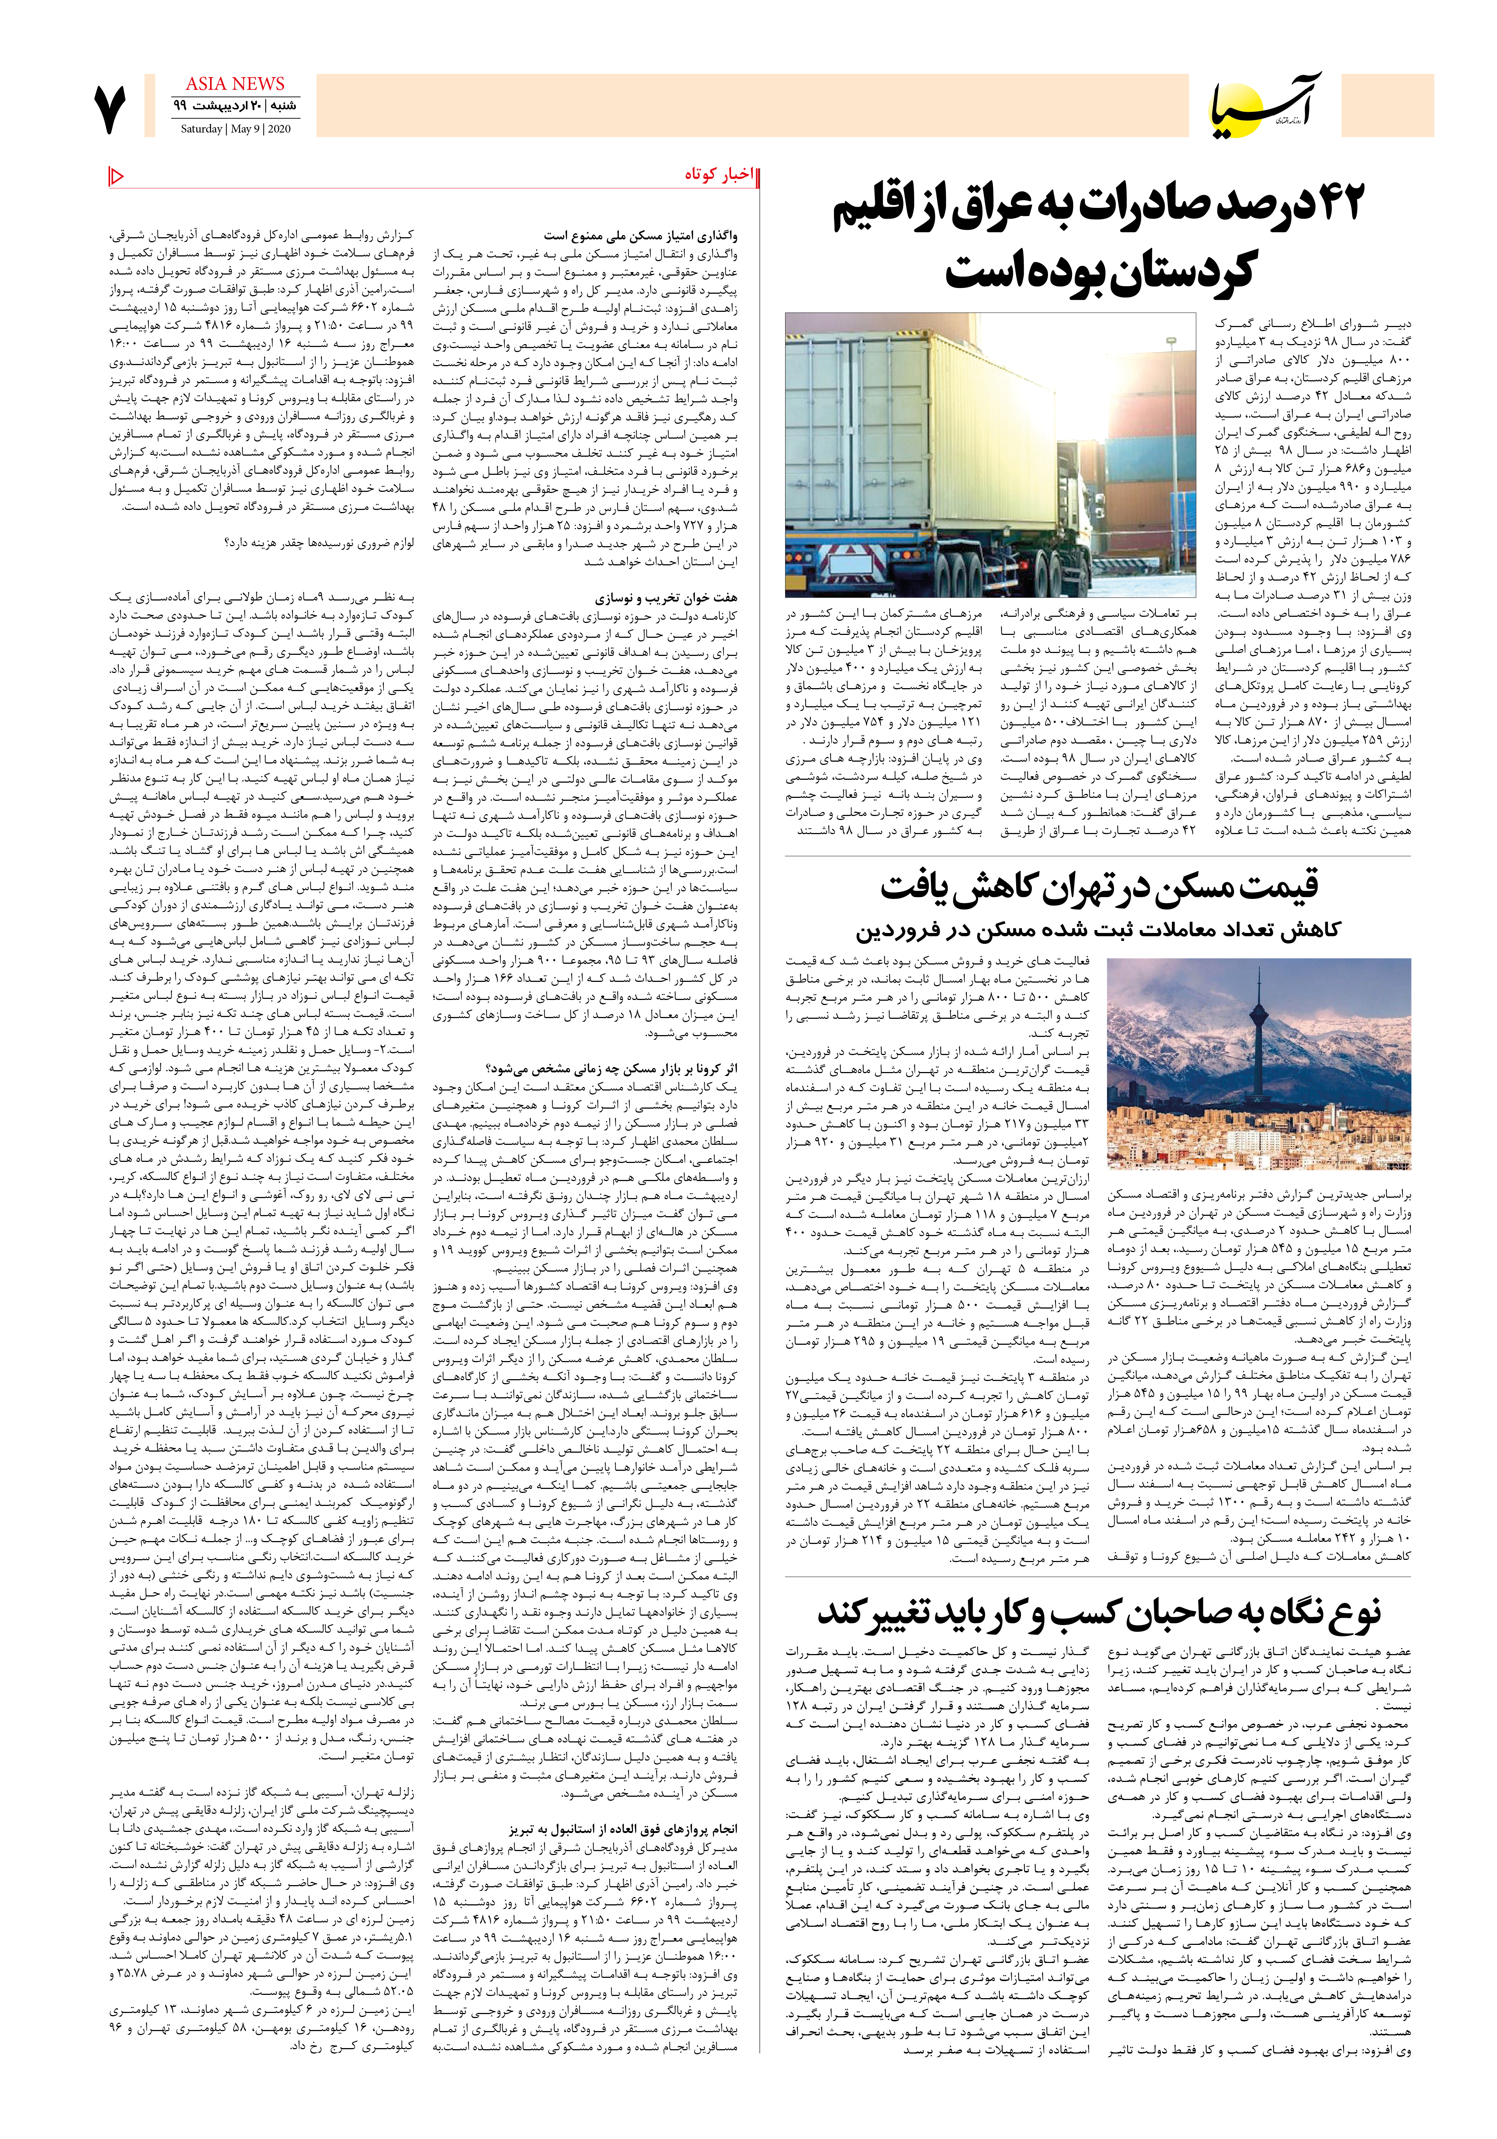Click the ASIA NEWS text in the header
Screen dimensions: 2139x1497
tap(235, 84)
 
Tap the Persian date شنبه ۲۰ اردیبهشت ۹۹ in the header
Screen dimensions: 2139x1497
tap(235, 106)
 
